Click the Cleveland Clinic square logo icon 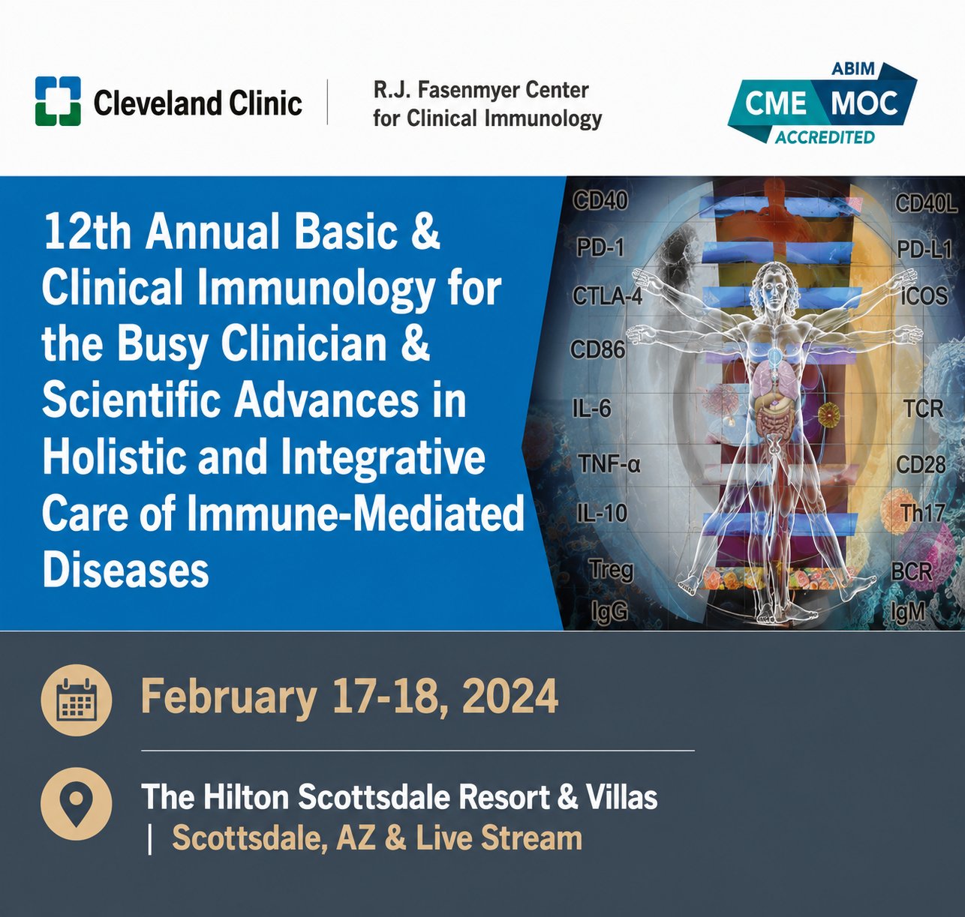(58, 101)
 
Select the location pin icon (76, 804)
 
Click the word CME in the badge (776, 103)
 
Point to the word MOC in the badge (864, 103)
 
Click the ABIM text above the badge (853, 69)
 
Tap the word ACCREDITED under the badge (825, 137)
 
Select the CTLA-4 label (607, 297)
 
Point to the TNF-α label (609, 463)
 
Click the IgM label (908, 612)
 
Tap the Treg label (612, 571)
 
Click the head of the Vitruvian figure (773, 290)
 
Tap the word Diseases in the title (125, 571)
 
